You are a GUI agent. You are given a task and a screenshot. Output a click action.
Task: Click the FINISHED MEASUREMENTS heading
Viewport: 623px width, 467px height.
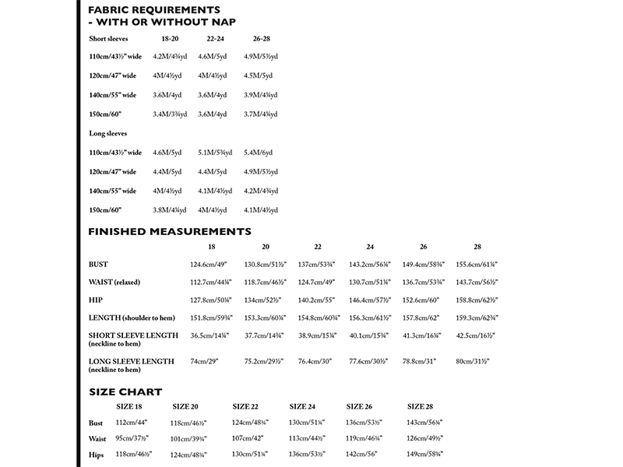tap(170, 231)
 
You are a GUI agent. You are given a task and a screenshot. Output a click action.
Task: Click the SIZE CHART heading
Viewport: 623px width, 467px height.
tap(125, 392)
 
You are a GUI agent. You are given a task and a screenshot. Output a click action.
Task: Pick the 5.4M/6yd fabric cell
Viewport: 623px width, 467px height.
tap(259, 153)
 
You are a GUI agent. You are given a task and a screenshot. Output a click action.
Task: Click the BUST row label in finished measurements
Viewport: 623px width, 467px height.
tap(99, 265)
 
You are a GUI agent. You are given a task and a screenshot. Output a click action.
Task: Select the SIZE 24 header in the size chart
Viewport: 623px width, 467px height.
tap(303, 406)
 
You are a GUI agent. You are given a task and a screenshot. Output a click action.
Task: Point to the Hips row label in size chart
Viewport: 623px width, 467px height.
tap(98, 454)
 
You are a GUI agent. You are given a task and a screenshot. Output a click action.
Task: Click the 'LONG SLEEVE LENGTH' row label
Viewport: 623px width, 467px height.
tap(131, 361)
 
